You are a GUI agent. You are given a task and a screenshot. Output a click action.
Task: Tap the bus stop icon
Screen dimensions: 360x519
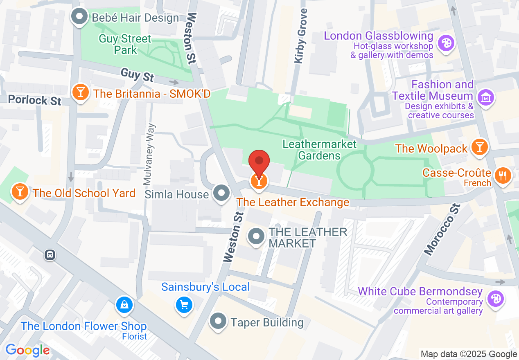(x=50, y=255)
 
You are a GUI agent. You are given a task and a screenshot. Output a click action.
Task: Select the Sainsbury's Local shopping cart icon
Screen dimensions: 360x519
(x=184, y=304)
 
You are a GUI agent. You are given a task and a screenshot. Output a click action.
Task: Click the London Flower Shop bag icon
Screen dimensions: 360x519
(x=123, y=304)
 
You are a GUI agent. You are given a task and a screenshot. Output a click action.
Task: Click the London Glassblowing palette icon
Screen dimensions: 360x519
(x=445, y=43)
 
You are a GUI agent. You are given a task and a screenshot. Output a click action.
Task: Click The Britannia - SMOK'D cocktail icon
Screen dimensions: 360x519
(x=80, y=92)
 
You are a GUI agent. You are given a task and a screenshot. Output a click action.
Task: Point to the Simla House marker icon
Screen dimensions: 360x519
(x=222, y=193)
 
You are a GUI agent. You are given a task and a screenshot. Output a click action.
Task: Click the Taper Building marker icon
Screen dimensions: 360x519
(x=219, y=321)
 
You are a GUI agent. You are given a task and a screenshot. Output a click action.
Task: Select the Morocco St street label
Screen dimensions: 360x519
(x=442, y=230)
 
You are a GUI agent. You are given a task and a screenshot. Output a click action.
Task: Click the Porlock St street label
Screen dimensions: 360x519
(x=34, y=99)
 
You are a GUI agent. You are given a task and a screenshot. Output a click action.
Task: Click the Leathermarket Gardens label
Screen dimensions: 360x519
(x=319, y=150)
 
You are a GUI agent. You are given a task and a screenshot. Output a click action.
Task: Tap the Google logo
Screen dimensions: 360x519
(x=27, y=350)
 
